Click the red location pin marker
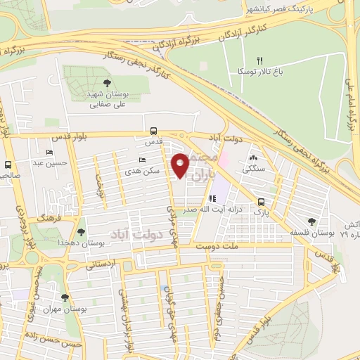tap(181, 166)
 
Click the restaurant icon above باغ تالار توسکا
tap(260, 60)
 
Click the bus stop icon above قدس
tap(153, 131)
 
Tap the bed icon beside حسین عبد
tap(49, 152)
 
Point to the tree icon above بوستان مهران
tap(65, 298)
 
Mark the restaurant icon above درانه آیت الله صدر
tap(212, 199)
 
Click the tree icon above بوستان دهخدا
tap(82, 231)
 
